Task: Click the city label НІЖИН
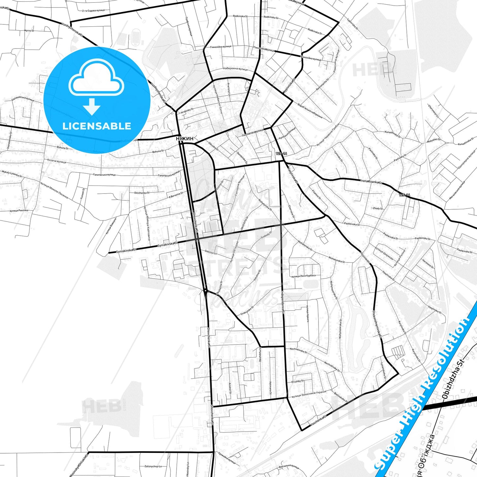point(185,139)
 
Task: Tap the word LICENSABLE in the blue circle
point(97,126)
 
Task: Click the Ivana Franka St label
point(371,181)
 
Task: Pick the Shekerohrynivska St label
point(377,324)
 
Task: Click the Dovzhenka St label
point(142,192)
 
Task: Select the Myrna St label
point(29,31)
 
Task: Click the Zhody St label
point(378,208)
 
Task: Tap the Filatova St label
point(316,194)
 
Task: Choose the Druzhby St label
point(297,381)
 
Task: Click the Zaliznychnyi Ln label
point(153,466)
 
